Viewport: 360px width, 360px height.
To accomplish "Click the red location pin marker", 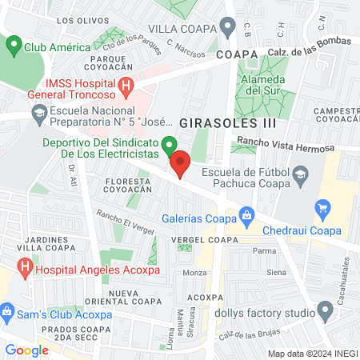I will pos(180,163).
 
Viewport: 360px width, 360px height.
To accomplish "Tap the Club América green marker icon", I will pos(14,46).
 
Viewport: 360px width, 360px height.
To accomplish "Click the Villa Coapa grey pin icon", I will pos(228,28).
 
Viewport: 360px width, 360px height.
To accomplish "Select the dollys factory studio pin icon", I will pos(325,310).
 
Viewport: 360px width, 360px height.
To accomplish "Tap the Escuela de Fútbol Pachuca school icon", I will pos(300,174).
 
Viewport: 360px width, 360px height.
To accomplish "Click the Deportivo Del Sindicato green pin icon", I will pos(169,146).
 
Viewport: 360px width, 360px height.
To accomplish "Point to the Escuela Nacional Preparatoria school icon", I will pos(37,113).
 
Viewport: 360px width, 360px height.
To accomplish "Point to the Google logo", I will pos(26,350).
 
